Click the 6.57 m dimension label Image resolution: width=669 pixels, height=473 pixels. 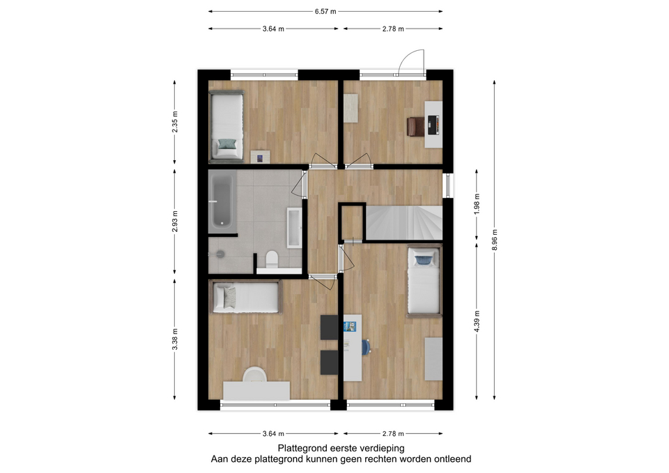coord(325,12)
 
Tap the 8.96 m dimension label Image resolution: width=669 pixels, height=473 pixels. coord(495,240)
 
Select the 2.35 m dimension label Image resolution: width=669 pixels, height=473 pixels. coord(174,121)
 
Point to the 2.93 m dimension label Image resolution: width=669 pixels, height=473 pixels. coord(174,222)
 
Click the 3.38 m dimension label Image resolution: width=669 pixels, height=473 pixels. coord(174,339)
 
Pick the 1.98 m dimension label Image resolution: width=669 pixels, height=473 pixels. coord(477,204)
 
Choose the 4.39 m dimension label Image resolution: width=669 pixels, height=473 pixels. coord(477,321)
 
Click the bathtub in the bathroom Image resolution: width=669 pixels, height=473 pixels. coord(222,201)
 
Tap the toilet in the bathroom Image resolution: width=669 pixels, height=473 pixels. coord(271,259)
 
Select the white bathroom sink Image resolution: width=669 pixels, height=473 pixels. coord(294,227)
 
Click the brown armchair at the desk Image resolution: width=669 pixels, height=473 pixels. coord(415,127)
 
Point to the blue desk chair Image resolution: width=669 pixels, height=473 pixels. coord(366,347)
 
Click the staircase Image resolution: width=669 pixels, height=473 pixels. coord(404,223)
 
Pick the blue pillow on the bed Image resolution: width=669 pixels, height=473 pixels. coord(422,260)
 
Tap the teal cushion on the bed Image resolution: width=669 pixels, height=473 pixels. coord(227,144)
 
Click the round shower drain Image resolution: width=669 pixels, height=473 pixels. coord(220,254)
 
